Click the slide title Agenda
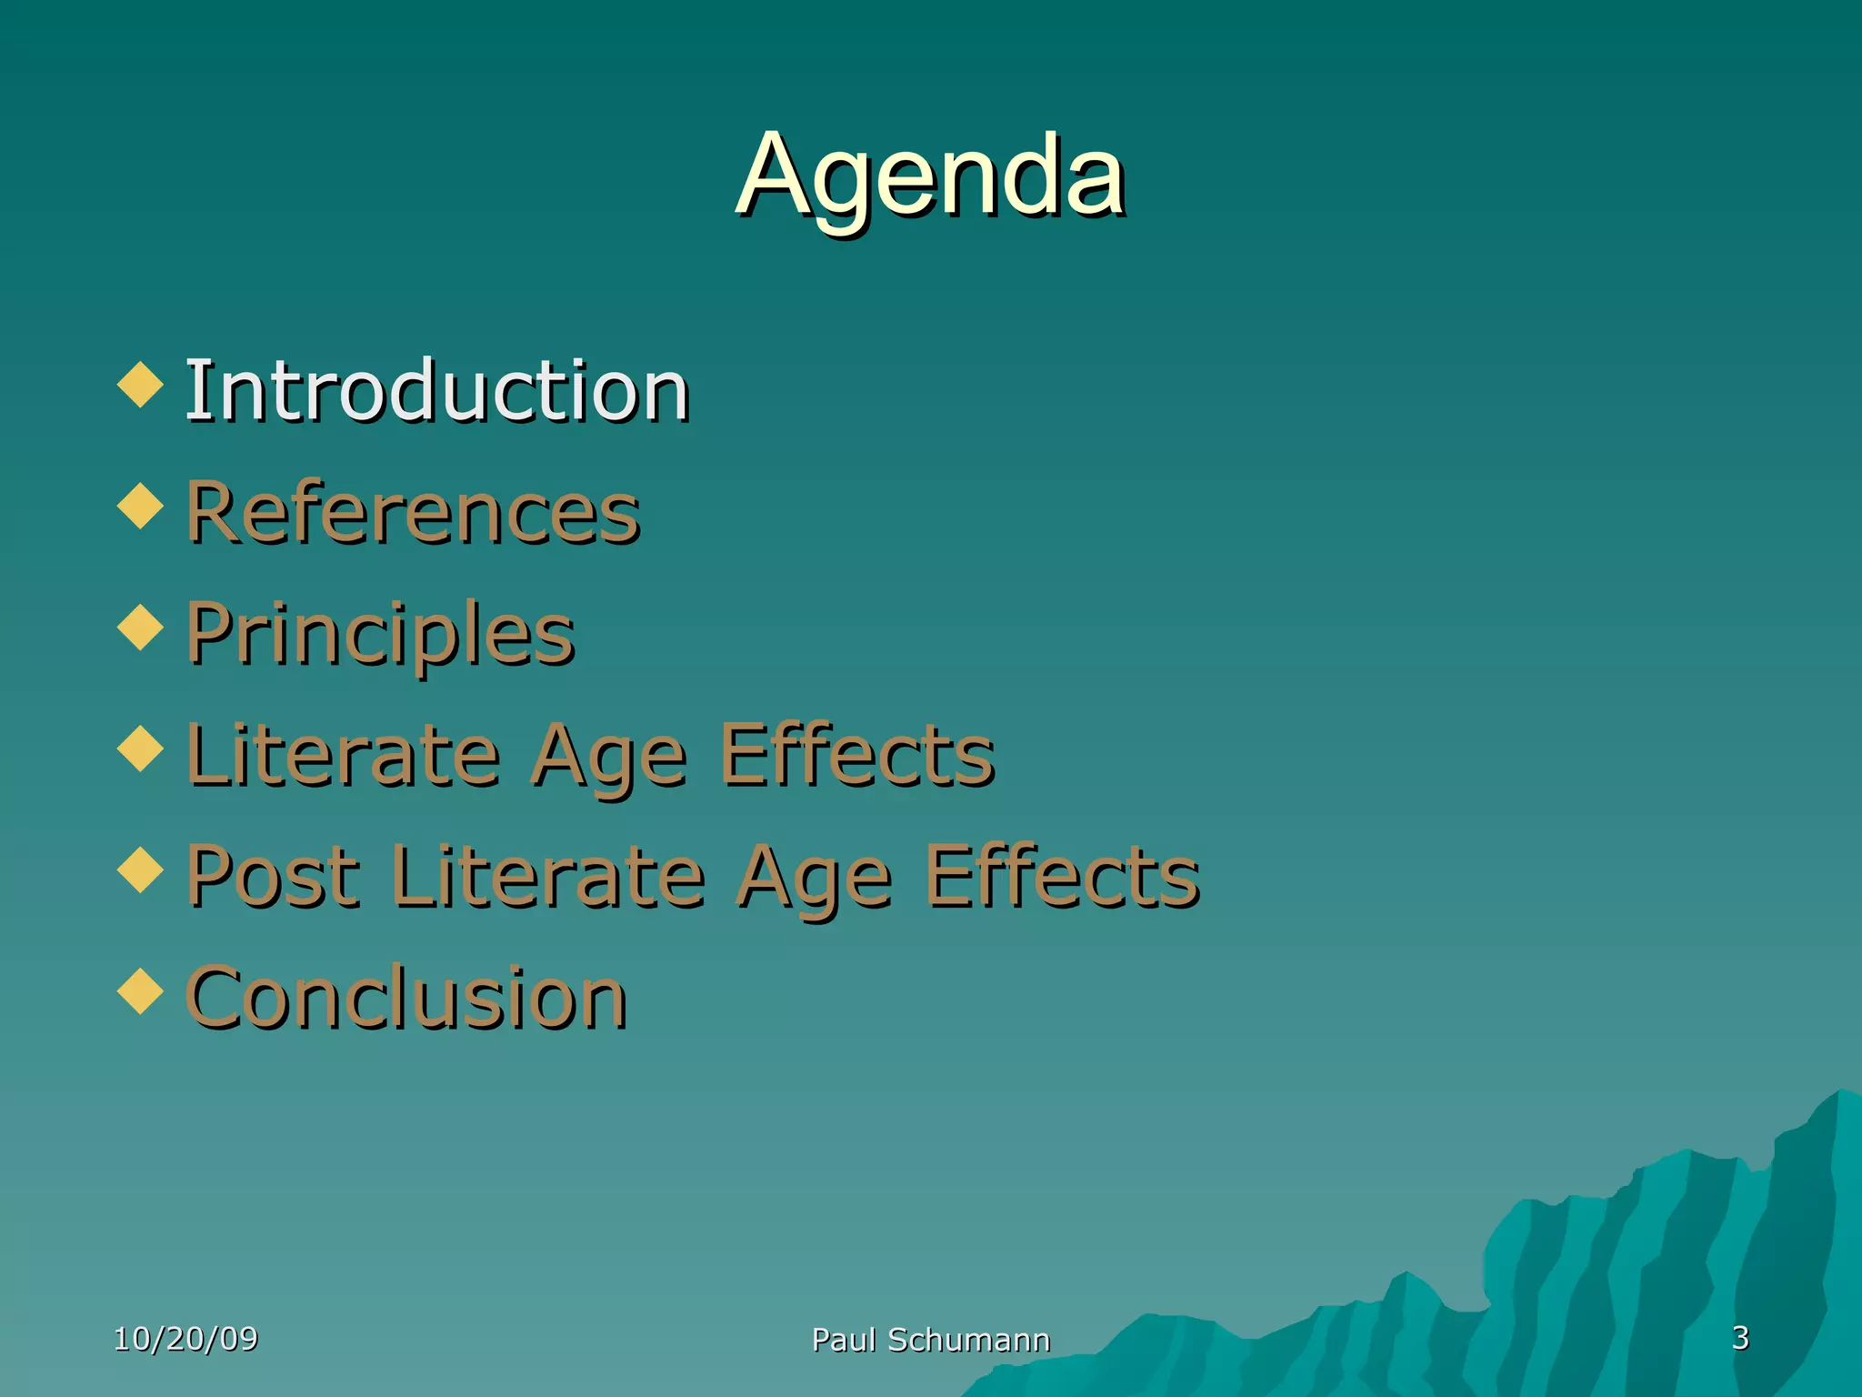coord(931,175)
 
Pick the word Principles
coord(380,634)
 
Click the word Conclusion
coord(406,998)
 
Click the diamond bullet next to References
coord(140,506)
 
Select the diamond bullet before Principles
coord(140,628)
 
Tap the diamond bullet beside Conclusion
coord(140,991)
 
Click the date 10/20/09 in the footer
coord(185,1339)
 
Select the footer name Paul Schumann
coord(930,1340)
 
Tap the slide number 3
coord(1740,1338)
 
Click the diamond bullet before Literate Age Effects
coord(140,749)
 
